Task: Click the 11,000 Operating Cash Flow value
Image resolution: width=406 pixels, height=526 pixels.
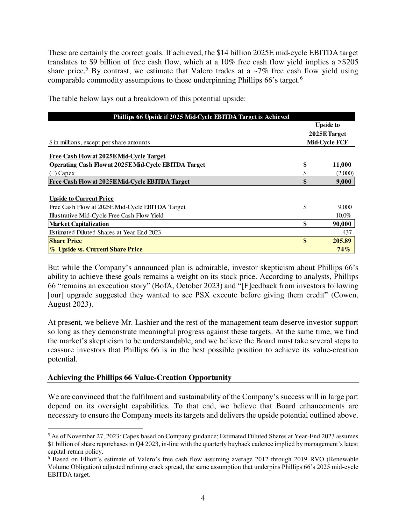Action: click(342, 165)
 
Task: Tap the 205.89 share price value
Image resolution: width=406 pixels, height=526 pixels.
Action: click(342, 241)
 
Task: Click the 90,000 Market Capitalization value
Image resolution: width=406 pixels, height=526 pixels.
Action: click(342, 224)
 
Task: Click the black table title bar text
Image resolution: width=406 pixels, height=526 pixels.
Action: click(201, 117)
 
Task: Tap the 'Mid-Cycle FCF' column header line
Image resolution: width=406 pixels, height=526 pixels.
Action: click(327, 142)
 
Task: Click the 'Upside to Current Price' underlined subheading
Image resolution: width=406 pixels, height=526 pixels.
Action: click(81, 199)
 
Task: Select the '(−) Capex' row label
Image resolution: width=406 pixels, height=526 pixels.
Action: click(62, 173)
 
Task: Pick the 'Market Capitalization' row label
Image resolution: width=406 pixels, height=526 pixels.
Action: click(79, 224)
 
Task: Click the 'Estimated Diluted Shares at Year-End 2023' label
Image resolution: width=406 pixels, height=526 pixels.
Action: click(105, 232)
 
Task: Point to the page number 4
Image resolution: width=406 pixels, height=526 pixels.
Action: click(203, 498)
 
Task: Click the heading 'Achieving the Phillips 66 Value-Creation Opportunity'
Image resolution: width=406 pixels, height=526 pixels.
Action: click(139, 378)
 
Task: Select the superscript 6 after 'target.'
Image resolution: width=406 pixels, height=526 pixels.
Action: click(302, 78)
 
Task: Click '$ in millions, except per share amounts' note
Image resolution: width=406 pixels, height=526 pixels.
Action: click(99, 142)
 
